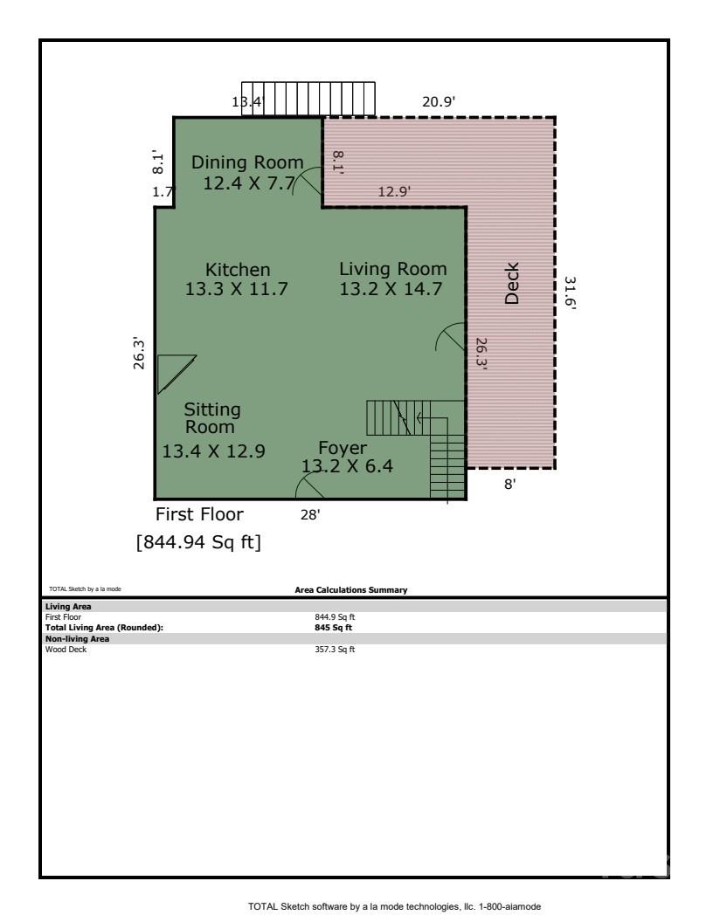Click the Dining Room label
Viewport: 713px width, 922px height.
click(x=247, y=162)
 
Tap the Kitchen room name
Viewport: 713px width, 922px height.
click(x=238, y=269)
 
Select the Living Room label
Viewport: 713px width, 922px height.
click(x=392, y=269)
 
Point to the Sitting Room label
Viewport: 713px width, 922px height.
click(x=211, y=418)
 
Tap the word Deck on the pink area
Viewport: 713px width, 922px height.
click(x=512, y=283)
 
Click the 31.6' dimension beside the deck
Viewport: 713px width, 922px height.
click(x=570, y=294)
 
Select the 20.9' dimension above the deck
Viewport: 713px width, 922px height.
click(x=439, y=102)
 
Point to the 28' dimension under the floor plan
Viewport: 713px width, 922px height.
click(x=310, y=514)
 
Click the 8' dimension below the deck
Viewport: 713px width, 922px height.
click(x=509, y=485)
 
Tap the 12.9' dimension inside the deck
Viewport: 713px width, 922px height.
click(x=394, y=191)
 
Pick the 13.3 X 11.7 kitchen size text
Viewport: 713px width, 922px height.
click(x=237, y=289)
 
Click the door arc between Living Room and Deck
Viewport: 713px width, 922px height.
click(x=451, y=337)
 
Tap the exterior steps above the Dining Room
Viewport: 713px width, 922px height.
click(x=308, y=99)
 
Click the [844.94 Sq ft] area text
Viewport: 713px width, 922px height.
click(x=198, y=543)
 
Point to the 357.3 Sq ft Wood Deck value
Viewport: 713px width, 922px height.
click(x=335, y=649)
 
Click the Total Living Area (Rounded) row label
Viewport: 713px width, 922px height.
click(x=104, y=627)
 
